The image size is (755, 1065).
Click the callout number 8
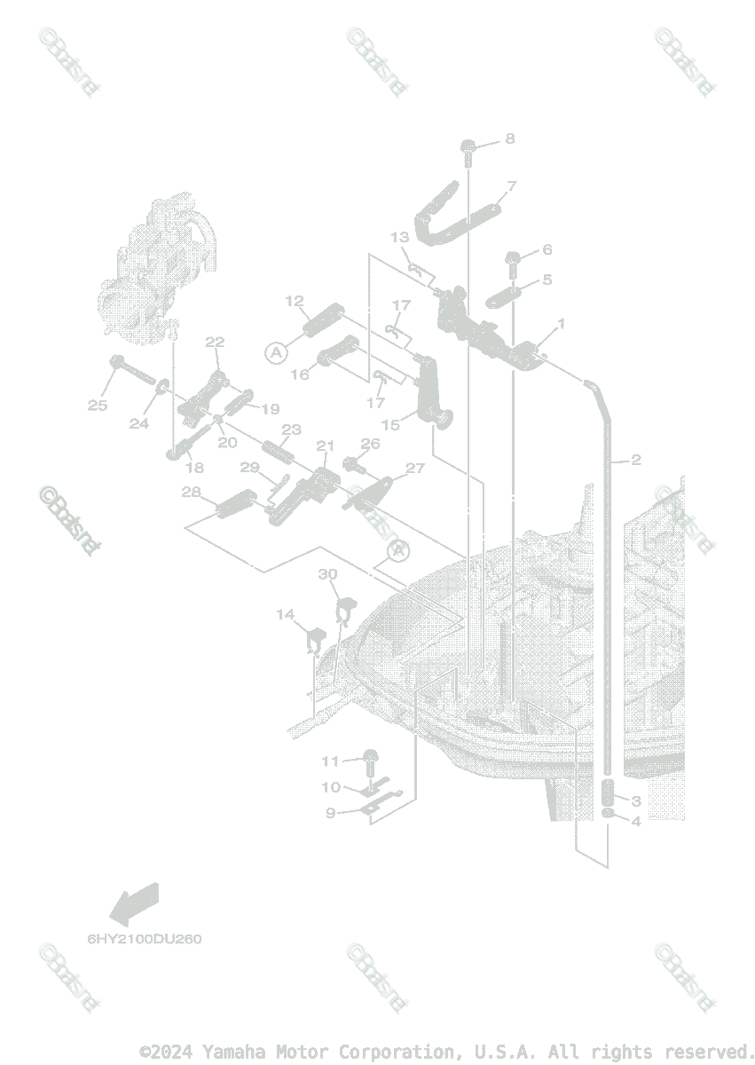[x=509, y=138]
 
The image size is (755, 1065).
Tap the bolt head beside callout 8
[x=468, y=147]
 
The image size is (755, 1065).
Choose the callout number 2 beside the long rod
[x=635, y=460]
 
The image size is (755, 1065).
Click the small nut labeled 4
[x=609, y=814]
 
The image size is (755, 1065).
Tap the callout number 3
[x=635, y=801]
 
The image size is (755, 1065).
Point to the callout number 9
[x=330, y=812]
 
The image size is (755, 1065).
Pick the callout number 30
[x=328, y=574]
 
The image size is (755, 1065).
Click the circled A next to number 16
[x=277, y=352]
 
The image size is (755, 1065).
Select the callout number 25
[x=97, y=406]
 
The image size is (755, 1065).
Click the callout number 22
[x=215, y=342]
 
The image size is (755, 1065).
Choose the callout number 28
[x=190, y=492]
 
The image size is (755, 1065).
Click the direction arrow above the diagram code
[x=133, y=903]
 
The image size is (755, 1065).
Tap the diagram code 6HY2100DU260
[x=145, y=938]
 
